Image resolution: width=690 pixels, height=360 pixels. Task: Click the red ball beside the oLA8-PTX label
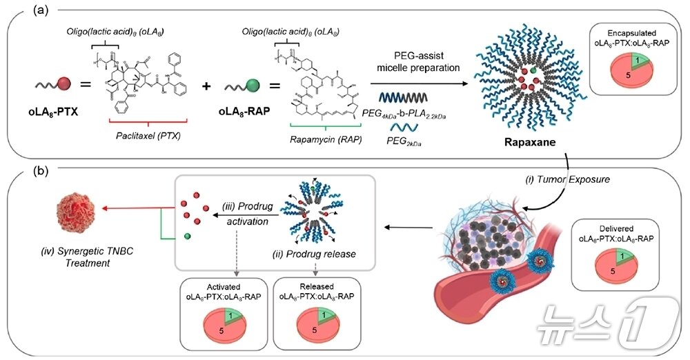[63, 86]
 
